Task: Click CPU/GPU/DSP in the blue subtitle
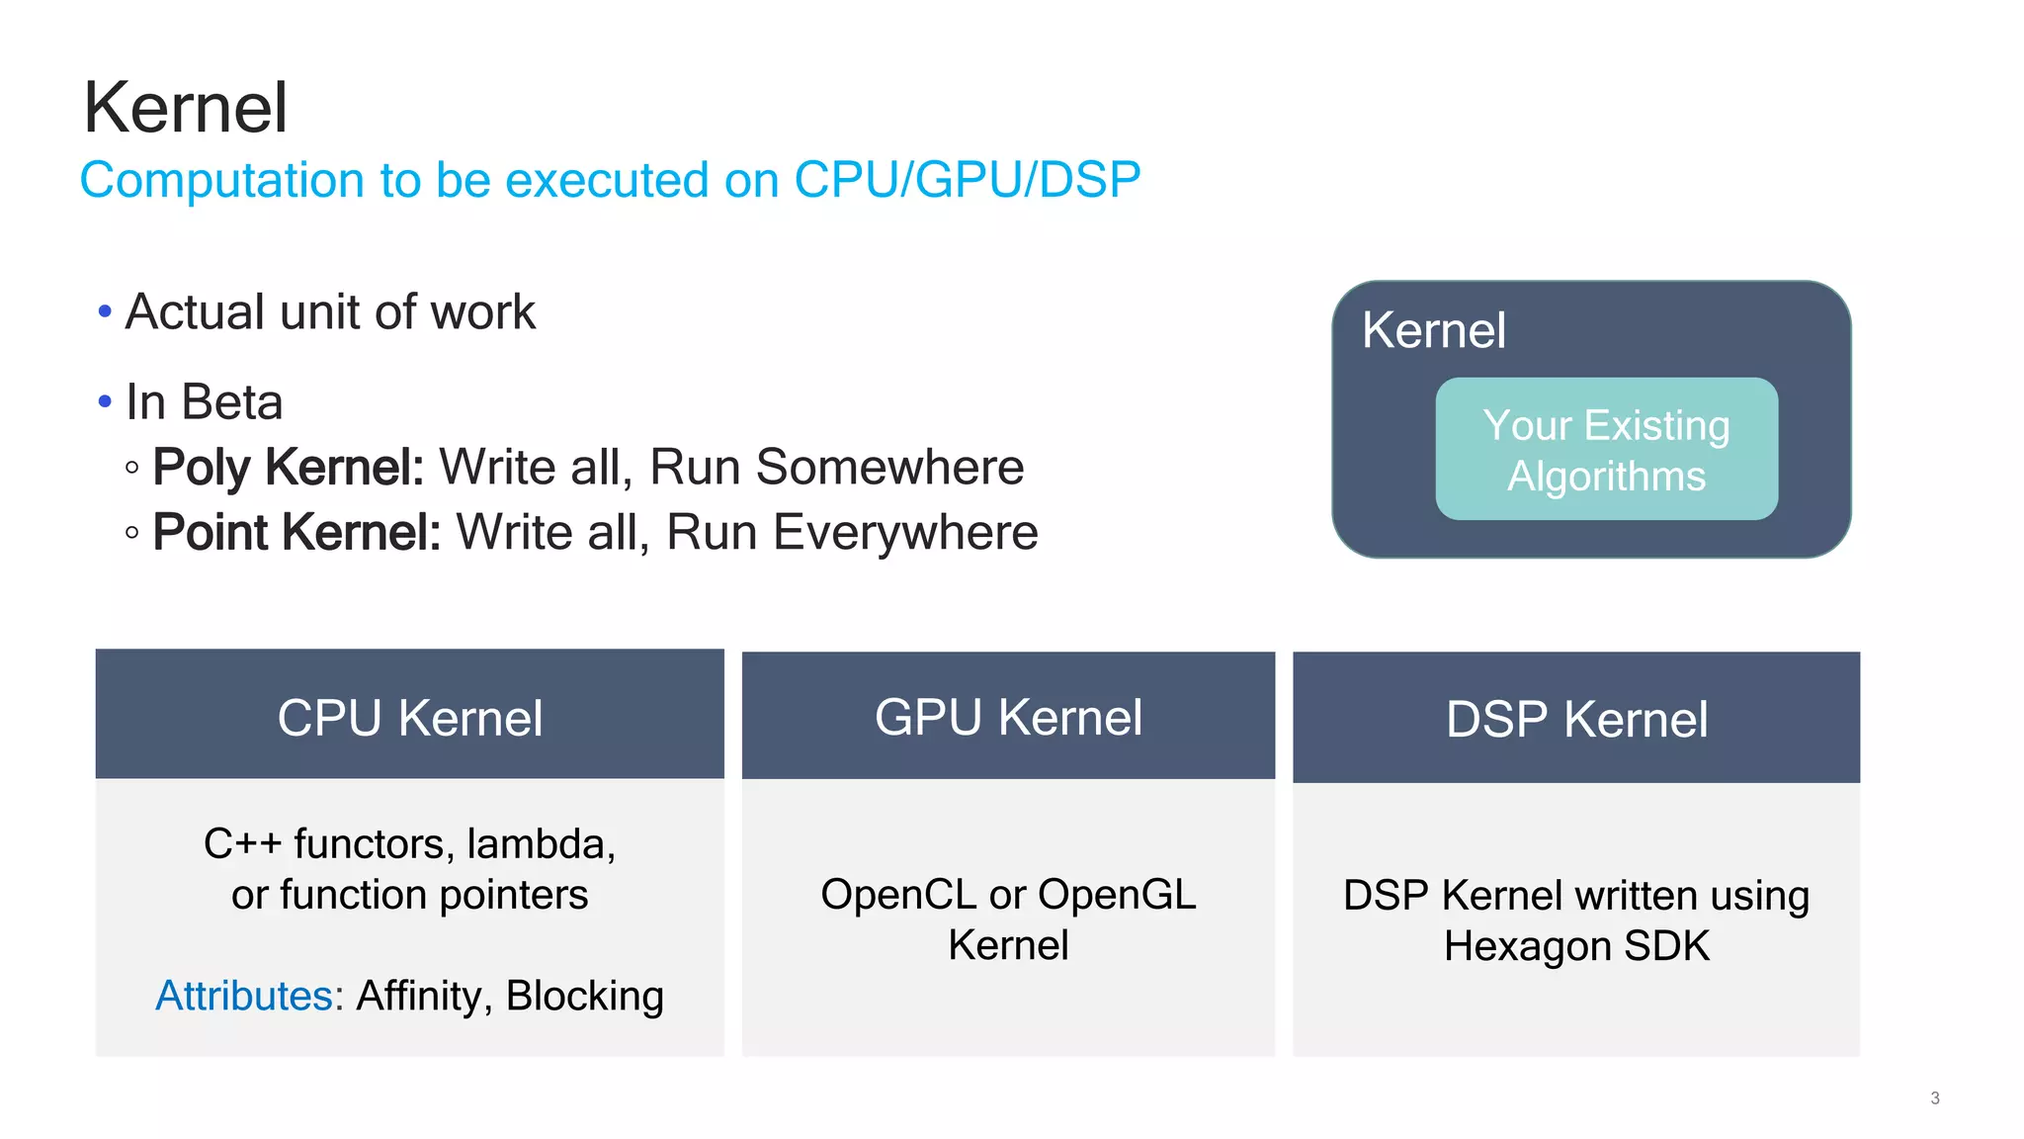[x=967, y=180]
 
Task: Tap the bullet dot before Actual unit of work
[x=106, y=312]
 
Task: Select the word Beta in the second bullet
[x=232, y=402]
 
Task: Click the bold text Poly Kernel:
[x=289, y=467]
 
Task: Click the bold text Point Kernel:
[x=296, y=532]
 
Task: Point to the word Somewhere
[x=889, y=467]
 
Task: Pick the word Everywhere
[x=905, y=532]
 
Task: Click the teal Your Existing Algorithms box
[x=1606, y=450]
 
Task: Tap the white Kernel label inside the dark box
[x=1433, y=330]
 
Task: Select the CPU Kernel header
[x=409, y=717]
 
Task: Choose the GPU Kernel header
[x=1008, y=717]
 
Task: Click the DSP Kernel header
[x=1576, y=719]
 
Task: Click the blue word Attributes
[x=244, y=996]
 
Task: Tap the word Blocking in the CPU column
[x=584, y=996]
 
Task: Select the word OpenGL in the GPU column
[x=1117, y=895]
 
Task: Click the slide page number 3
[x=1934, y=1097]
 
